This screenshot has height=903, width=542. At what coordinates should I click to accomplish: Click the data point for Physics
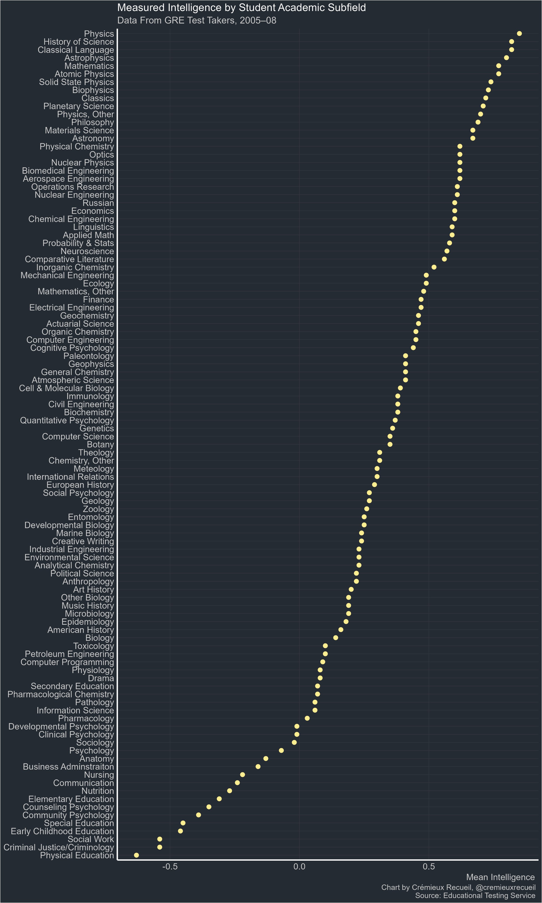pyautogui.click(x=519, y=34)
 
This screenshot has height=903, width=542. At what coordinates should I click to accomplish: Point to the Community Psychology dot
pyautogui.click(x=198, y=815)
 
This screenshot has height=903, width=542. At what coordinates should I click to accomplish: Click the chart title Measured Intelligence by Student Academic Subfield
pyautogui.click(x=241, y=8)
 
